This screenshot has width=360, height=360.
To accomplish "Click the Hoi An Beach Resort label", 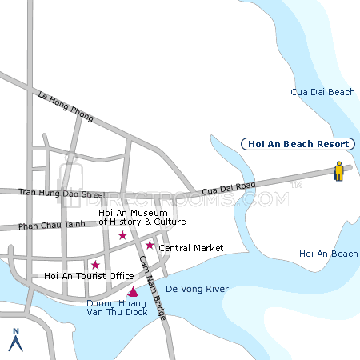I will tap(298, 144).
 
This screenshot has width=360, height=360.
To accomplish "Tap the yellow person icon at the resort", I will tap(339, 172).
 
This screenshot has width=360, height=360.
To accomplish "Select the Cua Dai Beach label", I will tap(322, 93).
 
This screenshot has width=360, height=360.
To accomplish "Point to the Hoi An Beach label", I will tap(328, 254).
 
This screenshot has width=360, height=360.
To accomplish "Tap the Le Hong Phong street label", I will tap(65, 106).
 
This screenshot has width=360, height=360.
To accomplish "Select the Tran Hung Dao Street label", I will tap(62, 194).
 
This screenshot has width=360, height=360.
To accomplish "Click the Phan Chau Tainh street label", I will tap(51, 226).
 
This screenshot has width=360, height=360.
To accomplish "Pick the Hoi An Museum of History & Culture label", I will tap(142, 217).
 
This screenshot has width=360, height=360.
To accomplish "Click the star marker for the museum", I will tap(122, 235).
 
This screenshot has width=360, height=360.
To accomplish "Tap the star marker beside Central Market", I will tap(149, 245).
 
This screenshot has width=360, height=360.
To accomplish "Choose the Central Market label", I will tap(190, 248).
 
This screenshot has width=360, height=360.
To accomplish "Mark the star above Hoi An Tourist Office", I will tap(95, 265).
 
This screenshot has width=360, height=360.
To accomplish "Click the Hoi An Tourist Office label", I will tap(89, 276).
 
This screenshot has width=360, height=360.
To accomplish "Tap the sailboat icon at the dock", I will tap(133, 291).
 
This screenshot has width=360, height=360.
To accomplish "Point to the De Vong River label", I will tap(197, 289).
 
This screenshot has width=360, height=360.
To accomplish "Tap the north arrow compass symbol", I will tap(14, 340).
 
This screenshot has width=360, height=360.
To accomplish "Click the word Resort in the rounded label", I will tap(331, 144).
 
